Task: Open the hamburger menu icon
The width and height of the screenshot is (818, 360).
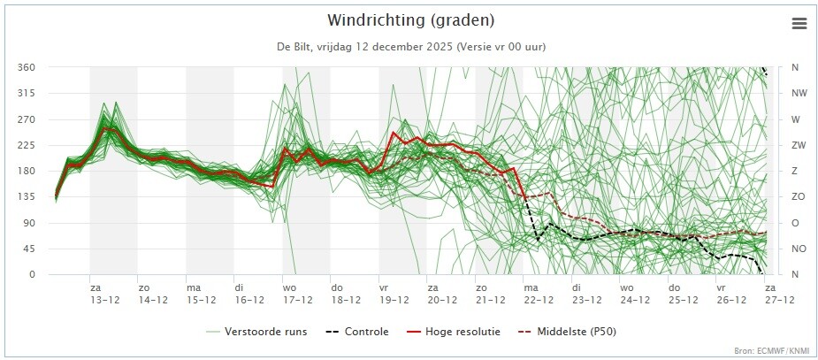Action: pyautogui.click(x=799, y=24)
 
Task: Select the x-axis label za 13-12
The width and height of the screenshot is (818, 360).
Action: pyautogui.click(x=104, y=294)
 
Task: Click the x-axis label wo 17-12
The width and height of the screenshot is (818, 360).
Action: pyautogui.click(x=297, y=294)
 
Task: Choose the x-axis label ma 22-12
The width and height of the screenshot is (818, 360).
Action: pyautogui.click(x=539, y=294)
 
